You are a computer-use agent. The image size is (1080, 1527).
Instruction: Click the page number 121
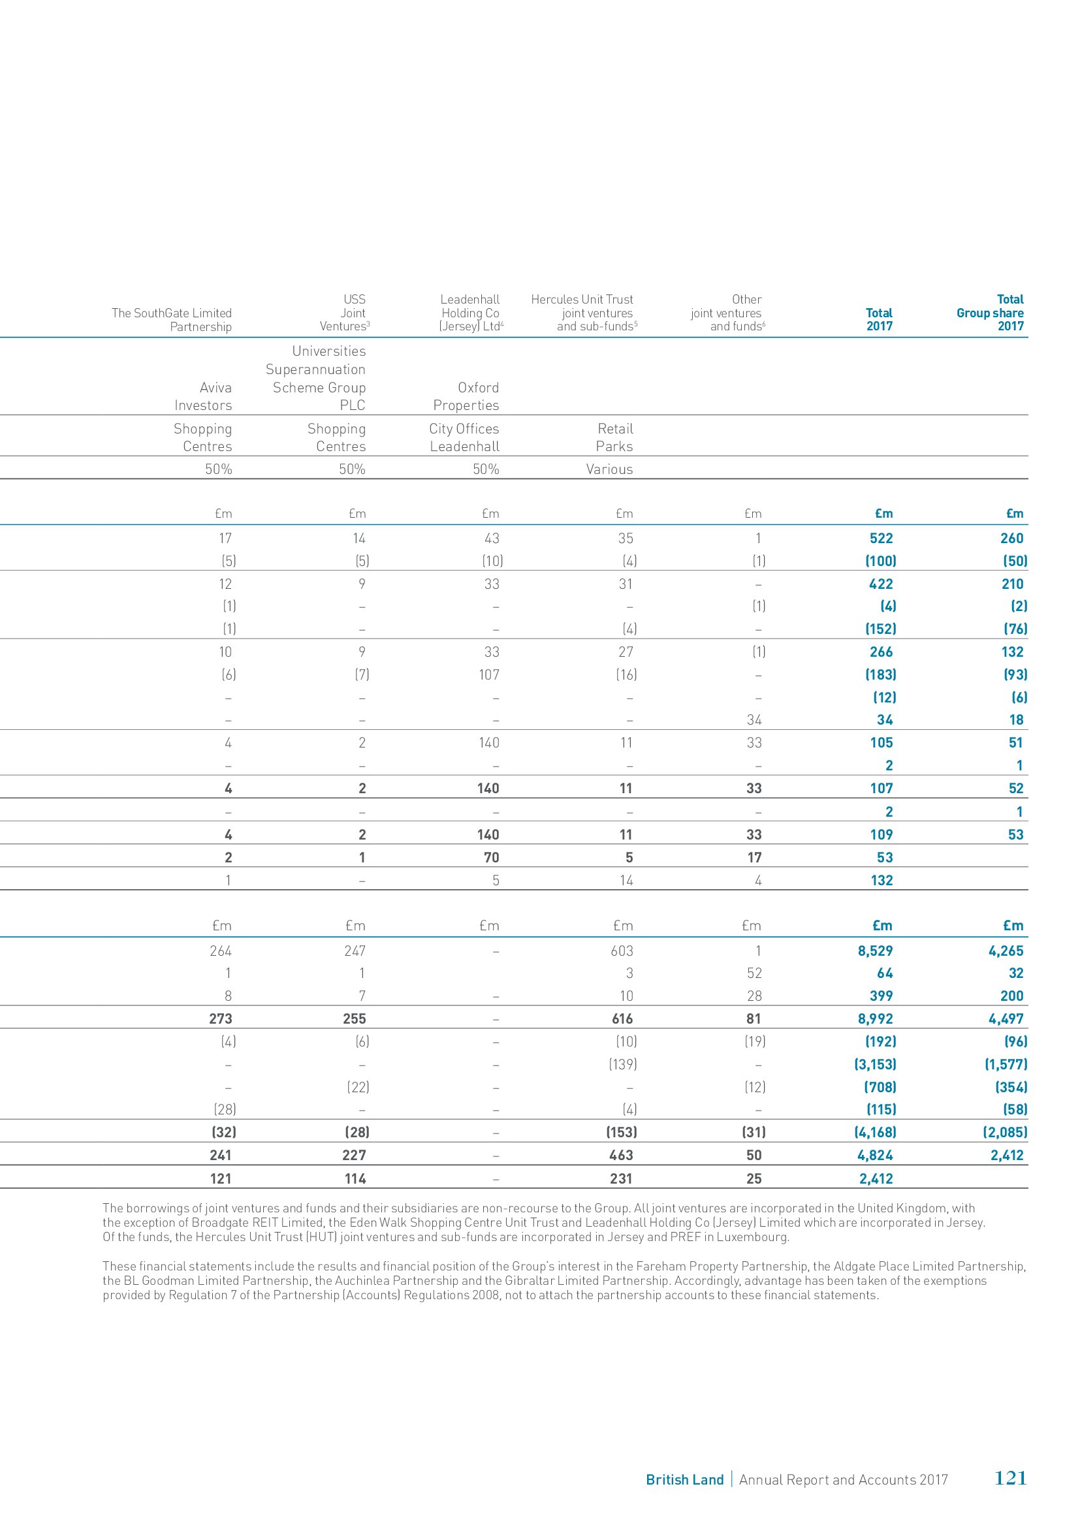click(1009, 1478)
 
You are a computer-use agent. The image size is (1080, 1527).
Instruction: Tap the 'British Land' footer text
click(684, 1480)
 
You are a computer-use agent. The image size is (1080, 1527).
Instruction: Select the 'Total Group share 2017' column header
click(991, 313)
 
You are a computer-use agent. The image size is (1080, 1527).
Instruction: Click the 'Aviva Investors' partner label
click(203, 396)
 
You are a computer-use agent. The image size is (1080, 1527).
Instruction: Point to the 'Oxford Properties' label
click(466, 396)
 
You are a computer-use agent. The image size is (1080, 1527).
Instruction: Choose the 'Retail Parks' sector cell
click(614, 437)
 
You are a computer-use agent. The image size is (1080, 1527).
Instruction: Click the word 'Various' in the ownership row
click(609, 469)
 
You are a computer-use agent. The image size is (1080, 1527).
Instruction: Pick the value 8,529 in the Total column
click(875, 951)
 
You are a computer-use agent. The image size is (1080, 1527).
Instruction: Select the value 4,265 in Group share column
click(1006, 951)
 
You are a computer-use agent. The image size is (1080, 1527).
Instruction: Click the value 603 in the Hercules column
click(622, 951)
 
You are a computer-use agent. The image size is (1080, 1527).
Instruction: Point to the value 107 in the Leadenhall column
click(489, 675)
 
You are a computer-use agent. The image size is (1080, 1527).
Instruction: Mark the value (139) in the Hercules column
click(622, 1064)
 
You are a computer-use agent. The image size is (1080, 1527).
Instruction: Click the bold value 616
click(622, 1019)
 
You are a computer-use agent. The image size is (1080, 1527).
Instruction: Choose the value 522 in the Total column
click(881, 539)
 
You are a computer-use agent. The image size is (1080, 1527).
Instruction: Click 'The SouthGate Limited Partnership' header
click(172, 320)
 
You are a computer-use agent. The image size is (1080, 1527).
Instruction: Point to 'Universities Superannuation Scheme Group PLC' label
click(316, 379)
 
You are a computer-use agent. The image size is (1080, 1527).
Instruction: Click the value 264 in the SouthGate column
click(221, 951)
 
